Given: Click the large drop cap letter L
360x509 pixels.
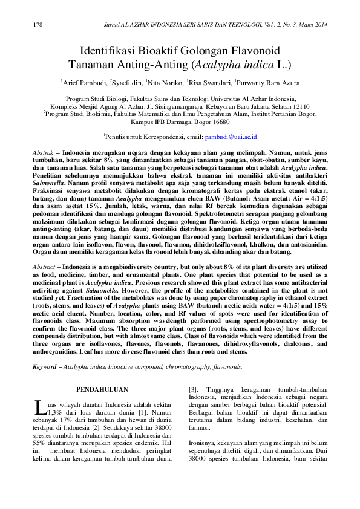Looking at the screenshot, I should (x=39, y=405).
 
